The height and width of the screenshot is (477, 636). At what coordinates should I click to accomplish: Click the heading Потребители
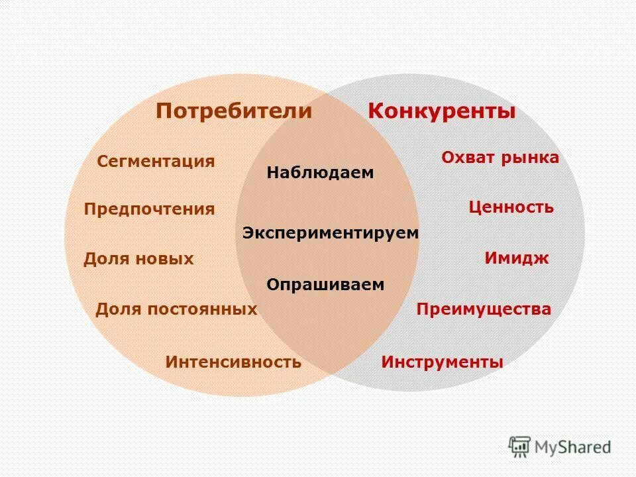tap(233, 111)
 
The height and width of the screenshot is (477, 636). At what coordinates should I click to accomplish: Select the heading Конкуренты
tap(442, 111)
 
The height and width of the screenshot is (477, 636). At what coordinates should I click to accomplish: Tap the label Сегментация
tap(156, 162)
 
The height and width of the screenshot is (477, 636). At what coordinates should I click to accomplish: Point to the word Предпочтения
tap(150, 209)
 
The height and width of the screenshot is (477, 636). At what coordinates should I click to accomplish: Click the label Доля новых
tap(138, 259)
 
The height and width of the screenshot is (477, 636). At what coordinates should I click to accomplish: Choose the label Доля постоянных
tap(176, 309)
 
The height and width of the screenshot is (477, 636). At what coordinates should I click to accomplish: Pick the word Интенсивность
tap(233, 362)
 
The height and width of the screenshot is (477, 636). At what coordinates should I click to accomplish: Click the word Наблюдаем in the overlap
tap(321, 173)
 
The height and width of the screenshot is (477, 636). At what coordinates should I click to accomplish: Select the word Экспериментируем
tap(331, 233)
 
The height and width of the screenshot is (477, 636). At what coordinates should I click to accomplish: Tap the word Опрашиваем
tap(325, 285)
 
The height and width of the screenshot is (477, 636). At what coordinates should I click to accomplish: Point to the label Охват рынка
tap(500, 158)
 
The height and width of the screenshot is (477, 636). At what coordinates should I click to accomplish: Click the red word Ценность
tap(511, 207)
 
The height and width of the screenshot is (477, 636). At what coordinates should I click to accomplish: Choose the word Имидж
tap(517, 258)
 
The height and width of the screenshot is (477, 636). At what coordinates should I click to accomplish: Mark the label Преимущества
tap(484, 309)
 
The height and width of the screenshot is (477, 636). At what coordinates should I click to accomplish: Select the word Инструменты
tap(443, 362)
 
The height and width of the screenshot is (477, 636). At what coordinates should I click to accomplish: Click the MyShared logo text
tap(574, 448)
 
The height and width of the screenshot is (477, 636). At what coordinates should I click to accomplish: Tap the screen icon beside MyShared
tap(519, 447)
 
